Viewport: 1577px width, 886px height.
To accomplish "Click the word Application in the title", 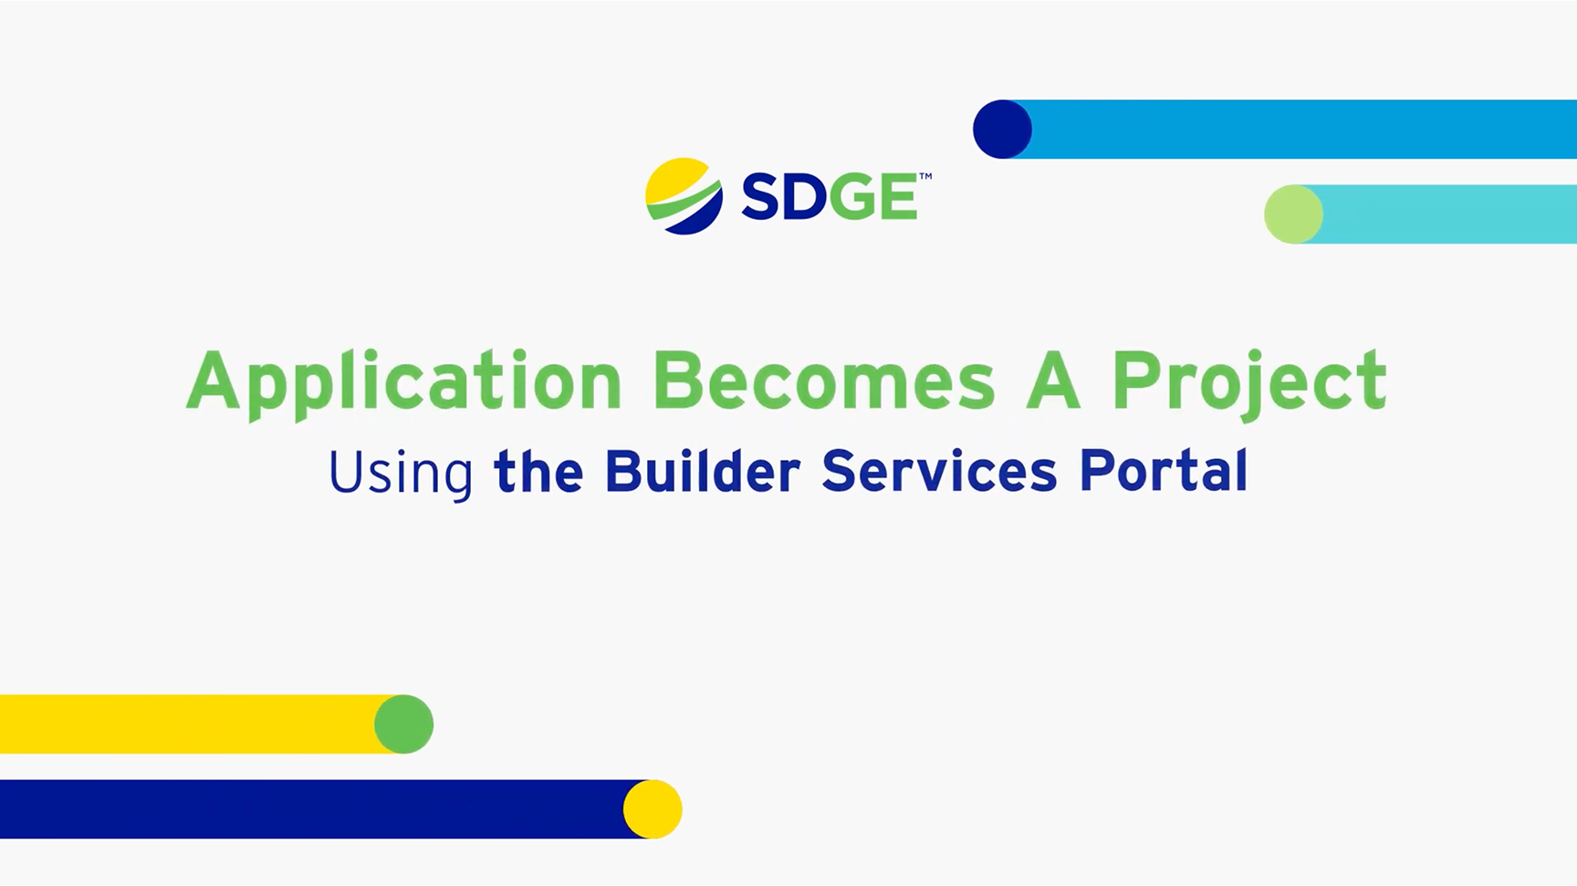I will (403, 382).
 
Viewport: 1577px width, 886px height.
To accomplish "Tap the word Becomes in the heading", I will (823, 380).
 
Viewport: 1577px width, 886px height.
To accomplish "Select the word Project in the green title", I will (1248, 382).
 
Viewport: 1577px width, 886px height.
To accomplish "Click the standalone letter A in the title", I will (1052, 380).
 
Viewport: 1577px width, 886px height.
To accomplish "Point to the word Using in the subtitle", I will (400, 473).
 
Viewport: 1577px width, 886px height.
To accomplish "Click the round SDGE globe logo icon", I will (684, 196).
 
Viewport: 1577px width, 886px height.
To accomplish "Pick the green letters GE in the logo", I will (872, 197).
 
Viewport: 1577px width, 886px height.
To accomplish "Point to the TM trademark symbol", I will (924, 177).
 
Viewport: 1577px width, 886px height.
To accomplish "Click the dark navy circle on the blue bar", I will (1002, 130).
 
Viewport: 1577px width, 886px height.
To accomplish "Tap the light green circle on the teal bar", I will (1293, 214).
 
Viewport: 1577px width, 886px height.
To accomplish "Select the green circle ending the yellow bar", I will (404, 724).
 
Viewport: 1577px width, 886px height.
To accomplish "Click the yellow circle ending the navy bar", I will (653, 809).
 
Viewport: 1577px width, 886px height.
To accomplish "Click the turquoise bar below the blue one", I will (1451, 214).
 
